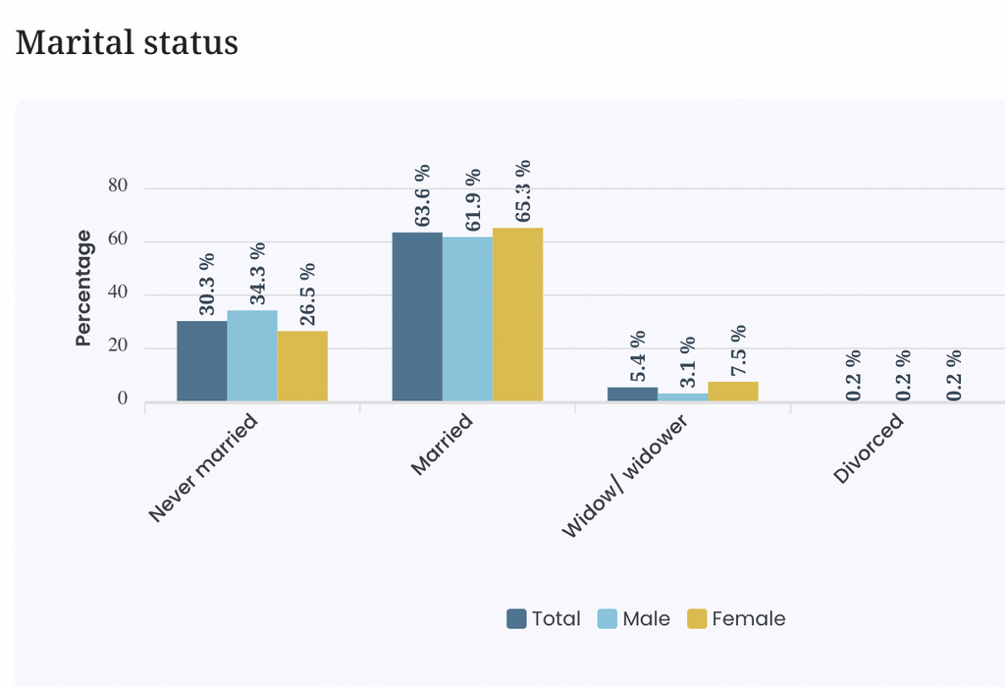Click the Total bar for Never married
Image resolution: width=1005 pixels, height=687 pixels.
(202, 361)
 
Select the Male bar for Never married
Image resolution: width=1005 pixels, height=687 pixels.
(252, 355)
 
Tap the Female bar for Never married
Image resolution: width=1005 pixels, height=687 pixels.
(302, 366)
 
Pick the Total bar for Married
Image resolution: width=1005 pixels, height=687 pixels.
(417, 317)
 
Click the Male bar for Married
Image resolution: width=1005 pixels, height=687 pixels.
(467, 319)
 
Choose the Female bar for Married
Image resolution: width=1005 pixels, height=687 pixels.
(518, 314)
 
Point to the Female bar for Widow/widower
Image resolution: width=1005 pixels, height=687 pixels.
(733, 392)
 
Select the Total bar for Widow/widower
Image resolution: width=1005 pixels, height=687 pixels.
(633, 395)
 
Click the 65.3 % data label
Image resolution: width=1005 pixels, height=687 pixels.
(523, 191)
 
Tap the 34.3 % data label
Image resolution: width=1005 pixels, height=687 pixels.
(258, 274)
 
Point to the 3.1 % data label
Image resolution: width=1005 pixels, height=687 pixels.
(688, 362)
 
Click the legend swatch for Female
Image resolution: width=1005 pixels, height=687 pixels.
(697, 618)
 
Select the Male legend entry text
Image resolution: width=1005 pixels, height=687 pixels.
(646, 618)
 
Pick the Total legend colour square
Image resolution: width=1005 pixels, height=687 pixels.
(516, 618)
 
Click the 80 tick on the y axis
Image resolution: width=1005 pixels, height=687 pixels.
(118, 185)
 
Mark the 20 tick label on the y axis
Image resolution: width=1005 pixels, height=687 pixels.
(118, 345)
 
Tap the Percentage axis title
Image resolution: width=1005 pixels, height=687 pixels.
(83, 288)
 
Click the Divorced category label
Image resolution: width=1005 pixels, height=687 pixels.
(869, 449)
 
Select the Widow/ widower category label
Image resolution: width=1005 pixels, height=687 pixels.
(625, 476)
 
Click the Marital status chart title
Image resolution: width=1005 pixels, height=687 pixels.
(127, 43)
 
